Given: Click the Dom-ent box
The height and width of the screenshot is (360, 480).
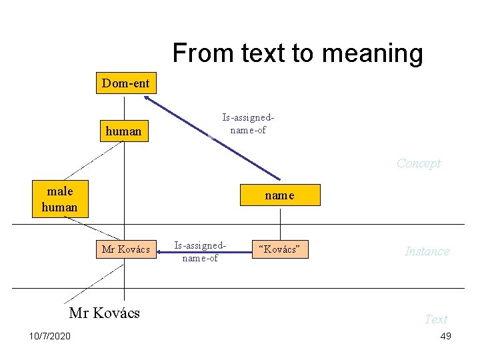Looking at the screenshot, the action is click(126, 84).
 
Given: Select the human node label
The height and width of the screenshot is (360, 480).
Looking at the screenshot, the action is click(123, 131).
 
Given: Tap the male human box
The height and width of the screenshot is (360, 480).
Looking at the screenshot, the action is click(60, 199).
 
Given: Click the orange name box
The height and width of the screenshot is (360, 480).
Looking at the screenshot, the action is click(279, 196).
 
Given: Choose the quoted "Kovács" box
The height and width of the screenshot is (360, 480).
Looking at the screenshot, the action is click(280, 249).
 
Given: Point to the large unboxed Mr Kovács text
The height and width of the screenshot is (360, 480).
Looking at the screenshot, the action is click(105, 313).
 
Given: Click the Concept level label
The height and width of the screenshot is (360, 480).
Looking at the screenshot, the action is click(419, 163).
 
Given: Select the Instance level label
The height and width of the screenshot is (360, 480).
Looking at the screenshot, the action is click(427, 251).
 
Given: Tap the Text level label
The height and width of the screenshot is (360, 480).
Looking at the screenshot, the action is click(436, 319).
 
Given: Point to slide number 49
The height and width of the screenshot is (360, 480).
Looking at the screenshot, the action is click(445, 336).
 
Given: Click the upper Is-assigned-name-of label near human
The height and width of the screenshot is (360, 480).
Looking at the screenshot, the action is click(248, 124).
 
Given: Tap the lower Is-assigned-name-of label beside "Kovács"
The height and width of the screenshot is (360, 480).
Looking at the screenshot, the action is click(201, 252).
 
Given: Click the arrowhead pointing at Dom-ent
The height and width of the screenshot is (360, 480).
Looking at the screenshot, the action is click(146, 99).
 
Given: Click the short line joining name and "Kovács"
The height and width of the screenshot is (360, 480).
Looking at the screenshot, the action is click(280, 223).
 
